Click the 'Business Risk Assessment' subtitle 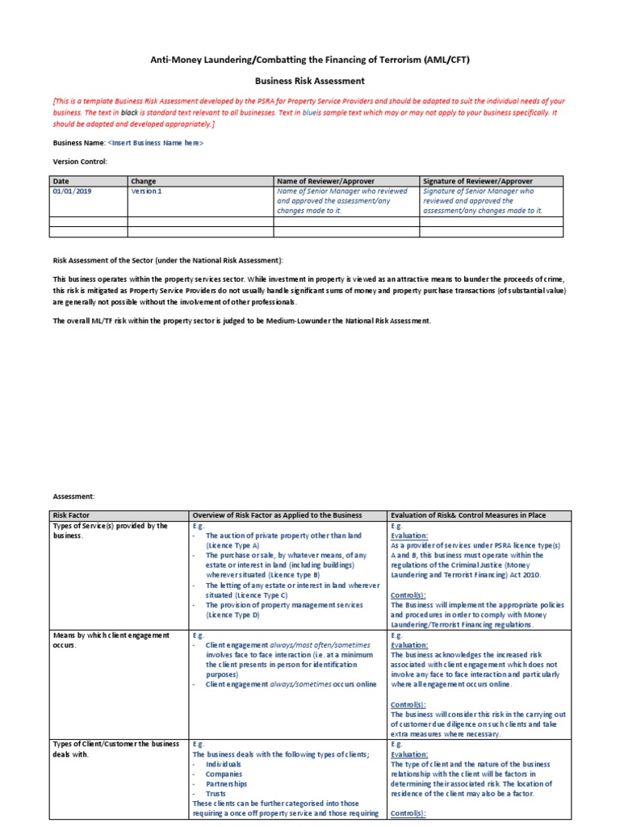[310, 81]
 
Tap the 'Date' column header [61, 181]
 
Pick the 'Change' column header [143, 181]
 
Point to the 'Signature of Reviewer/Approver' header [477, 181]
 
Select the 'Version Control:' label [79, 162]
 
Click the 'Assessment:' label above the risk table [73, 497]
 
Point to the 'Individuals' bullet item [223, 763]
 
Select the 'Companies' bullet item [224, 774]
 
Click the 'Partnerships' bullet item [226, 784]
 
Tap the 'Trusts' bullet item [216, 794]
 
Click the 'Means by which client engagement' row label [111, 635]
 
